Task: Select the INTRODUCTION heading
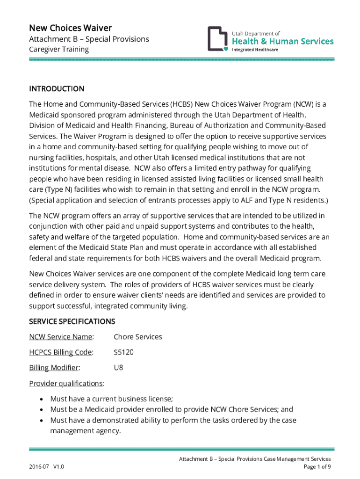tap(57, 89)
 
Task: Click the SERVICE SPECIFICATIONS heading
tap(72, 321)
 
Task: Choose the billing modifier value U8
tap(119, 368)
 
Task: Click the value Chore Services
tap(138, 337)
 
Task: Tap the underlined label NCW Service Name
tap(61, 337)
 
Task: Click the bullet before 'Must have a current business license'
tap(42, 399)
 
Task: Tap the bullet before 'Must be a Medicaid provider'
tap(42, 410)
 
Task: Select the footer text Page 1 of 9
tap(317, 467)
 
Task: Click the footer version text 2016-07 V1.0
tap(46, 467)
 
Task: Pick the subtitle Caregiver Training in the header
tap(59, 50)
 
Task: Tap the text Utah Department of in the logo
tap(256, 33)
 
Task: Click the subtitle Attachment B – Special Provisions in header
tap(89, 39)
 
